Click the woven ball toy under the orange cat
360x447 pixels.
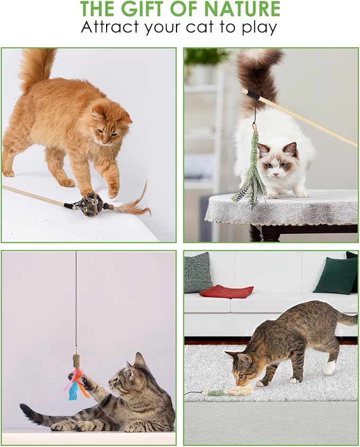click(92, 204)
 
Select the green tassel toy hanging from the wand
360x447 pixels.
click(253, 170)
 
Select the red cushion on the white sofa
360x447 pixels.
click(226, 291)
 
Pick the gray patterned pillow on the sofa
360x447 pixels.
click(198, 273)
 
